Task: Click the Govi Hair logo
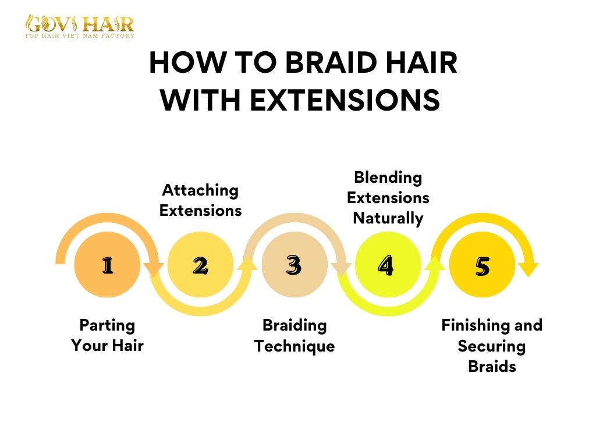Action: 79,24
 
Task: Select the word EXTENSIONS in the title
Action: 344,100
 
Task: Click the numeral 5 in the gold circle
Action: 482,266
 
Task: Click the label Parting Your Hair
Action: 107,335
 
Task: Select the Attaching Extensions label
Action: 200,200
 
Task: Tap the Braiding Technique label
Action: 295,335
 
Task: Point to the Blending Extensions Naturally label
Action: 388,197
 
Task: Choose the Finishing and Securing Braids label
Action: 492,346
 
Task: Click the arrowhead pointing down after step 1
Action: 154,269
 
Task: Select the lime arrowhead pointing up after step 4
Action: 435,263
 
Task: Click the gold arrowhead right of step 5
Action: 528,269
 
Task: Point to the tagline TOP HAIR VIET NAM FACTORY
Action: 79,36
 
